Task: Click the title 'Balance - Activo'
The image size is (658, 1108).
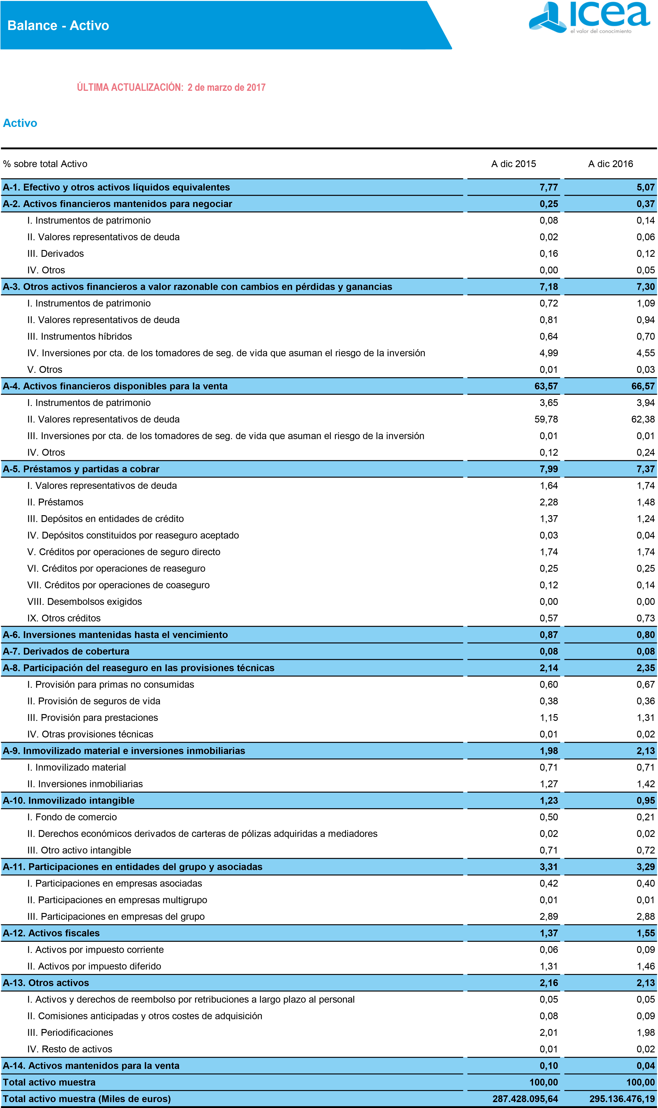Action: coord(58,26)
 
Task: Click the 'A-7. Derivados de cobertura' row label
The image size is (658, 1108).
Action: coord(66,651)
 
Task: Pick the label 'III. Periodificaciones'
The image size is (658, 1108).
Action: coord(70,1033)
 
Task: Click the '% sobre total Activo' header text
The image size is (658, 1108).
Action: coord(45,164)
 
